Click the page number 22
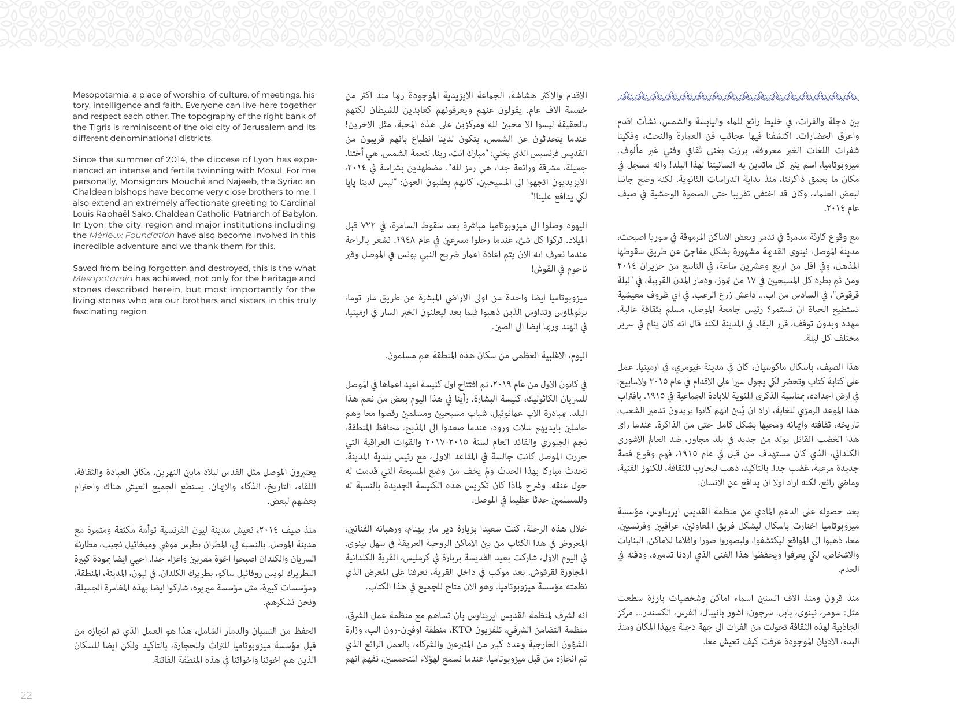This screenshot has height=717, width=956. point(26,695)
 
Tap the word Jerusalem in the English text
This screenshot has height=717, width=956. point(271,127)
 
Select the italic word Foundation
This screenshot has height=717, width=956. point(151,235)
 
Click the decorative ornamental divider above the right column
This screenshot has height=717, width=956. point(739,96)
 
